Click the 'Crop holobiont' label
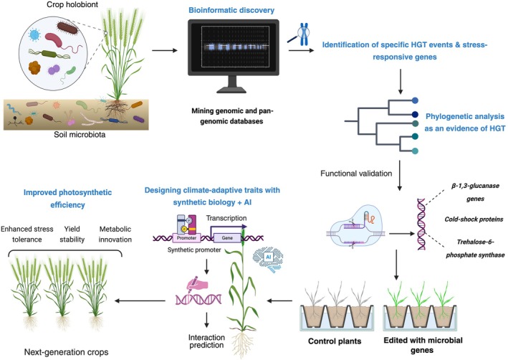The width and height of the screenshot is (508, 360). pos(72,4)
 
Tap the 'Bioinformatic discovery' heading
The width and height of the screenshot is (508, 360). pos(231,10)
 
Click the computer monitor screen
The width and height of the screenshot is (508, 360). pos(234,47)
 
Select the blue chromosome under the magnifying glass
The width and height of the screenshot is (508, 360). pos(304,34)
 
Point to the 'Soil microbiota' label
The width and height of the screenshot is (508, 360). pos(80,134)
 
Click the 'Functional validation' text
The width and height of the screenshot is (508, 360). pos(356,174)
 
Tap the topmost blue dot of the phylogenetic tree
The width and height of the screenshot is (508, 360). pos(415,100)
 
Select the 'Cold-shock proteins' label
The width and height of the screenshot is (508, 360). pos(474,219)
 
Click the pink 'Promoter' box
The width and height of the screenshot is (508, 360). pos(186,238)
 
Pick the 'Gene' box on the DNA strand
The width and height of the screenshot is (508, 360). pos(227,238)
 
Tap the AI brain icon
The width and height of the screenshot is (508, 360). pos(268,259)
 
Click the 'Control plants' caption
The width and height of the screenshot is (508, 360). pos(335,341)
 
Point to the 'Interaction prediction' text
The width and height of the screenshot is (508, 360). pos(206,341)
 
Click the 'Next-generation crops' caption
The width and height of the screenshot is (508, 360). pos(67,352)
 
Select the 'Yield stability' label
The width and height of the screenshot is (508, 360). pos(72,235)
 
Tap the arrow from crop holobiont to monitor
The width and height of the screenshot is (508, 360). pos(165,51)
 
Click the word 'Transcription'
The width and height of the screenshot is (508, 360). pos(226,218)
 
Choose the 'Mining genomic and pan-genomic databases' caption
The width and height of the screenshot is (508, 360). pos(232,116)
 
